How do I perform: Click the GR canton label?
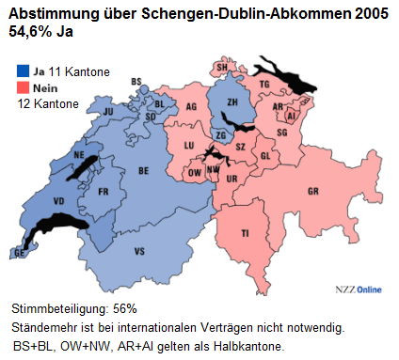tap(312, 192)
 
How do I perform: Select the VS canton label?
tap(140, 251)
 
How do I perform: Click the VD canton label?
tap(59, 201)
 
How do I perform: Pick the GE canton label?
tap(19, 254)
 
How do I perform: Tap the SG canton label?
tap(281, 133)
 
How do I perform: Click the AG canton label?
tap(192, 108)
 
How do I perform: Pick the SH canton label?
tap(222, 68)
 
